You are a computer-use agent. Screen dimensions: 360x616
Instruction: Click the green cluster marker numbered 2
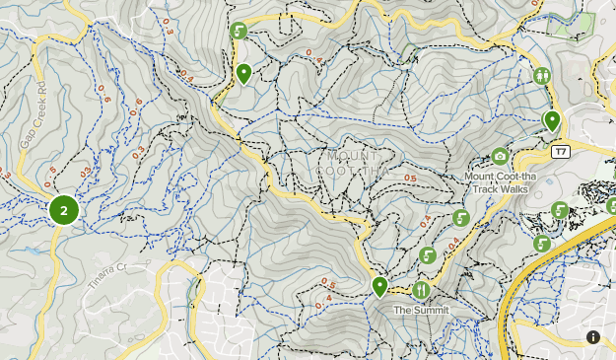(x=64, y=210)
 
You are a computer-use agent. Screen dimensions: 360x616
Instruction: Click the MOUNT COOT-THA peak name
(x=353, y=163)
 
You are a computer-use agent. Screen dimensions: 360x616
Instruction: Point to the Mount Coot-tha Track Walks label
(x=498, y=182)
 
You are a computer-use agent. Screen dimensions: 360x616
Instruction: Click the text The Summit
(x=421, y=310)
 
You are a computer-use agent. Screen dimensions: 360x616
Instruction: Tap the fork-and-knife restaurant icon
(x=421, y=289)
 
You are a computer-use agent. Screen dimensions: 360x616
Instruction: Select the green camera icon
(x=500, y=156)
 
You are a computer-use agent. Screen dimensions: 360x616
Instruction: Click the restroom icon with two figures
(x=541, y=75)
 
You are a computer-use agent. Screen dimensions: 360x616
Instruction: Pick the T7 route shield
(x=561, y=151)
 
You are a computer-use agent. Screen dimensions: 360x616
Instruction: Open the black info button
(x=593, y=337)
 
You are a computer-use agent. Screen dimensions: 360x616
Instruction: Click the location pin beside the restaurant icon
(x=379, y=286)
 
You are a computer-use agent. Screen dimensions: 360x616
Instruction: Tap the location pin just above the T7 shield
(x=552, y=120)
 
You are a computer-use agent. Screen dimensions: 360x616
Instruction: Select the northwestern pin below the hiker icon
(x=244, y=73)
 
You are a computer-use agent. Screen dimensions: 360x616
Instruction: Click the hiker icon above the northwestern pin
(x=238, y=31)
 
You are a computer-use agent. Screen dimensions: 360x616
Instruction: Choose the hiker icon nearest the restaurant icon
(x=428, y=255)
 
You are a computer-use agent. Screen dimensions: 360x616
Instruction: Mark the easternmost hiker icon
(x=560, y=210)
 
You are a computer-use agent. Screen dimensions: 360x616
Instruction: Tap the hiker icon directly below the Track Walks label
(x=460, y=218)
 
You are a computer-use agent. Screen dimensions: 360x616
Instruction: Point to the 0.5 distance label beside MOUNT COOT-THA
(x=409, y=179)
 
